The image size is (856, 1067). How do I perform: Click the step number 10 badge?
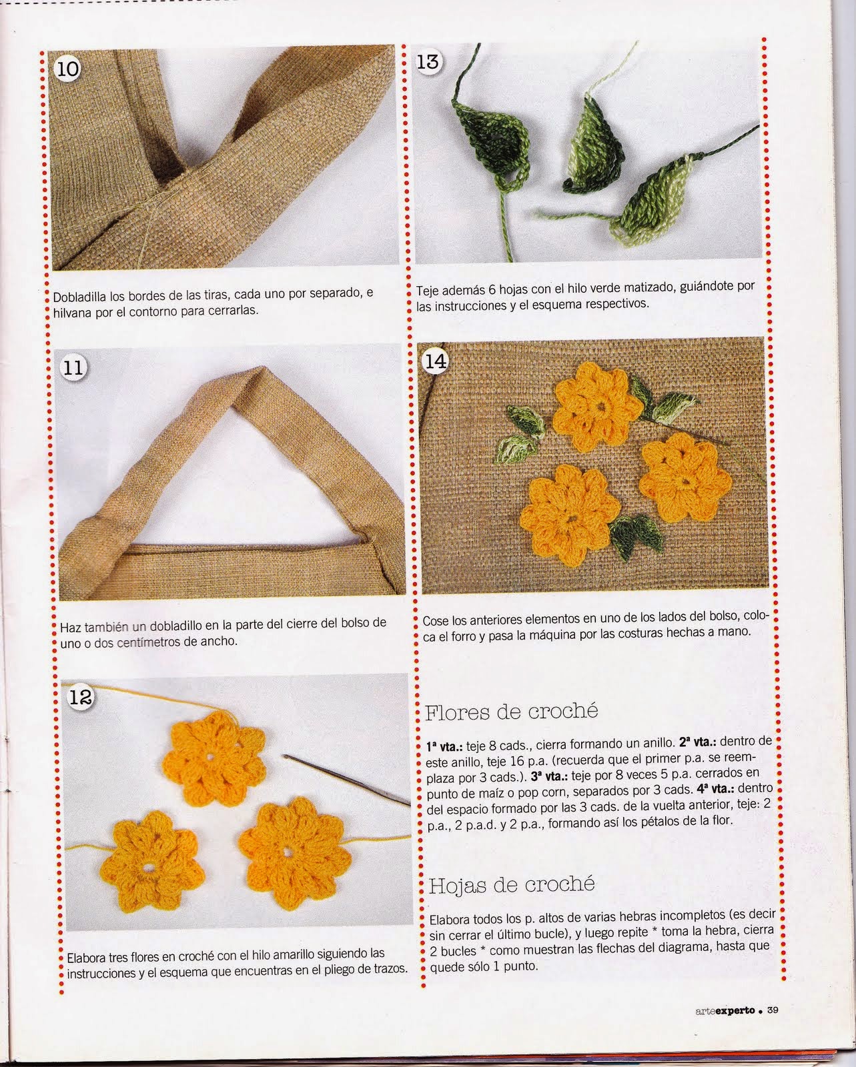click(67, 69)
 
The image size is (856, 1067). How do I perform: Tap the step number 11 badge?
click(73, 368)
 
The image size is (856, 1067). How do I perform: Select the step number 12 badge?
click(81, 697)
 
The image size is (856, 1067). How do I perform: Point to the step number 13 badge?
click(428, 61)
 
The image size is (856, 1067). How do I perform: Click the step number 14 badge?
click(435, 361)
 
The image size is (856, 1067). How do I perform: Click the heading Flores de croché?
click(511, 712)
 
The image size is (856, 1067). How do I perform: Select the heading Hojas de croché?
click(511, 884)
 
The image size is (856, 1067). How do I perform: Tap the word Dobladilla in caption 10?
click(79, 297)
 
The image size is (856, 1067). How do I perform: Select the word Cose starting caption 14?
click(435, 620)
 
